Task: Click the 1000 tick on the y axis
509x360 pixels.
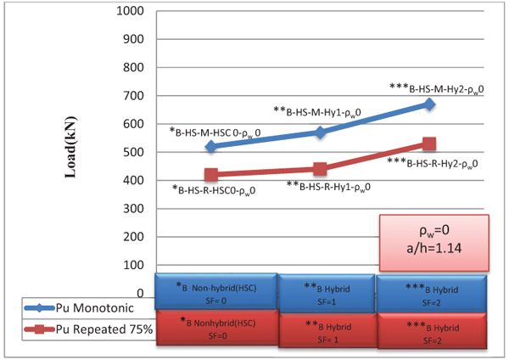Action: click(128, 12)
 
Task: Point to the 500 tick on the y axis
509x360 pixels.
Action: click(133, 152)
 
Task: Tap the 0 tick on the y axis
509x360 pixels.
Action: click(141, 293)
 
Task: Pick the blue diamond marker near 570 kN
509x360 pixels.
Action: click(320, 132)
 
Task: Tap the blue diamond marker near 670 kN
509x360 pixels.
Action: click(429, 104)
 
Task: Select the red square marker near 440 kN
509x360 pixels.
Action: click(320, 169)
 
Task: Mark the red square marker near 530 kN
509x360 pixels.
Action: click(429, 144)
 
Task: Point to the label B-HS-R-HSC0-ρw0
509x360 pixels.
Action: click(214, 191)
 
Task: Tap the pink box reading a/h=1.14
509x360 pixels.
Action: click(433, 243)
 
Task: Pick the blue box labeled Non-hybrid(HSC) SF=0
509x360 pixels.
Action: click(216, 291)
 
